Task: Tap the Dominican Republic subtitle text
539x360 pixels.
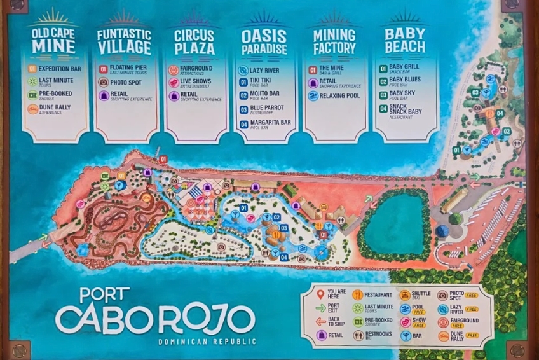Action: click(x=207, y=342)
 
